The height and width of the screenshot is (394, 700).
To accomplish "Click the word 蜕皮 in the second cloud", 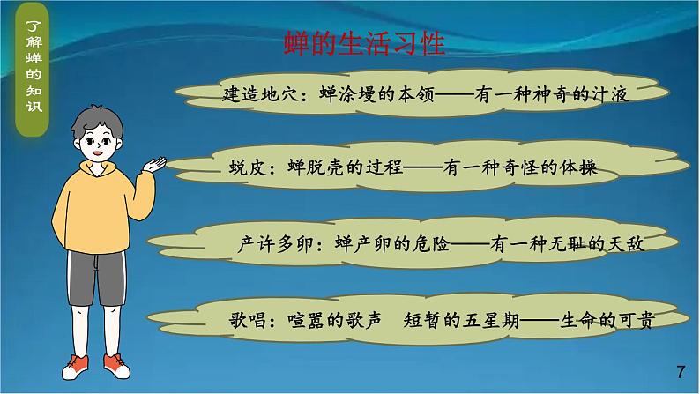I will (233, 167).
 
